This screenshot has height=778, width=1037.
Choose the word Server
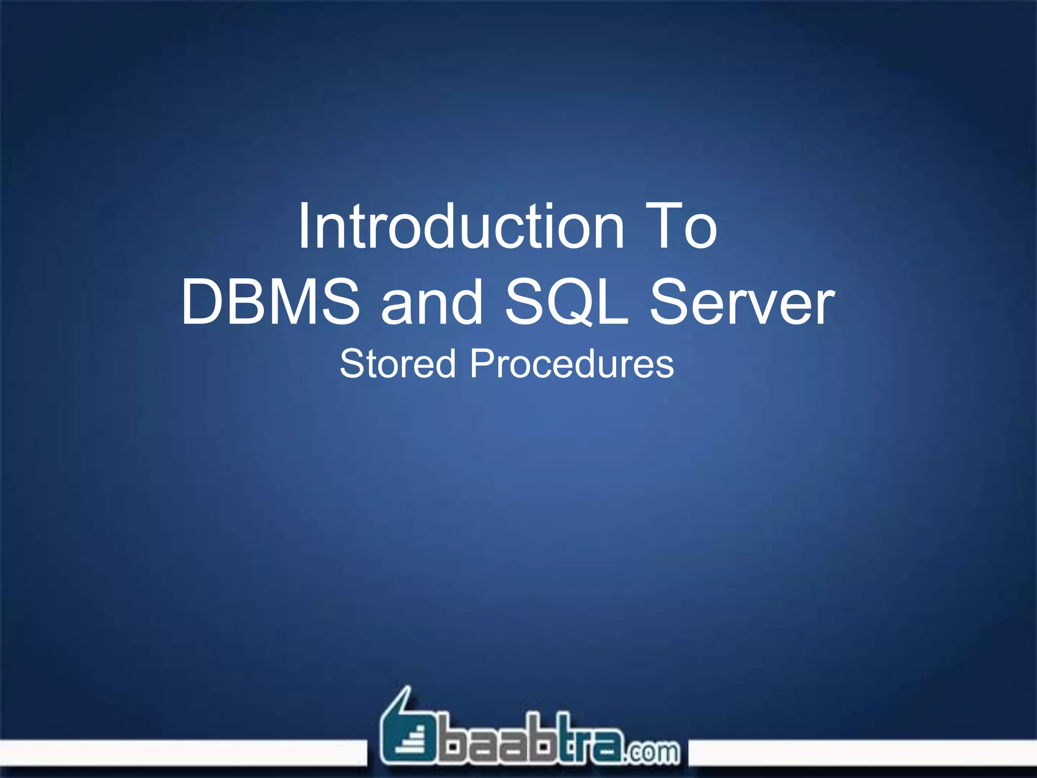742,302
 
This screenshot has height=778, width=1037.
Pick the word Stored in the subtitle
398,364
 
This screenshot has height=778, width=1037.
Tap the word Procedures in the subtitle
572,364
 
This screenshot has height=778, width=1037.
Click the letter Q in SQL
570,303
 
